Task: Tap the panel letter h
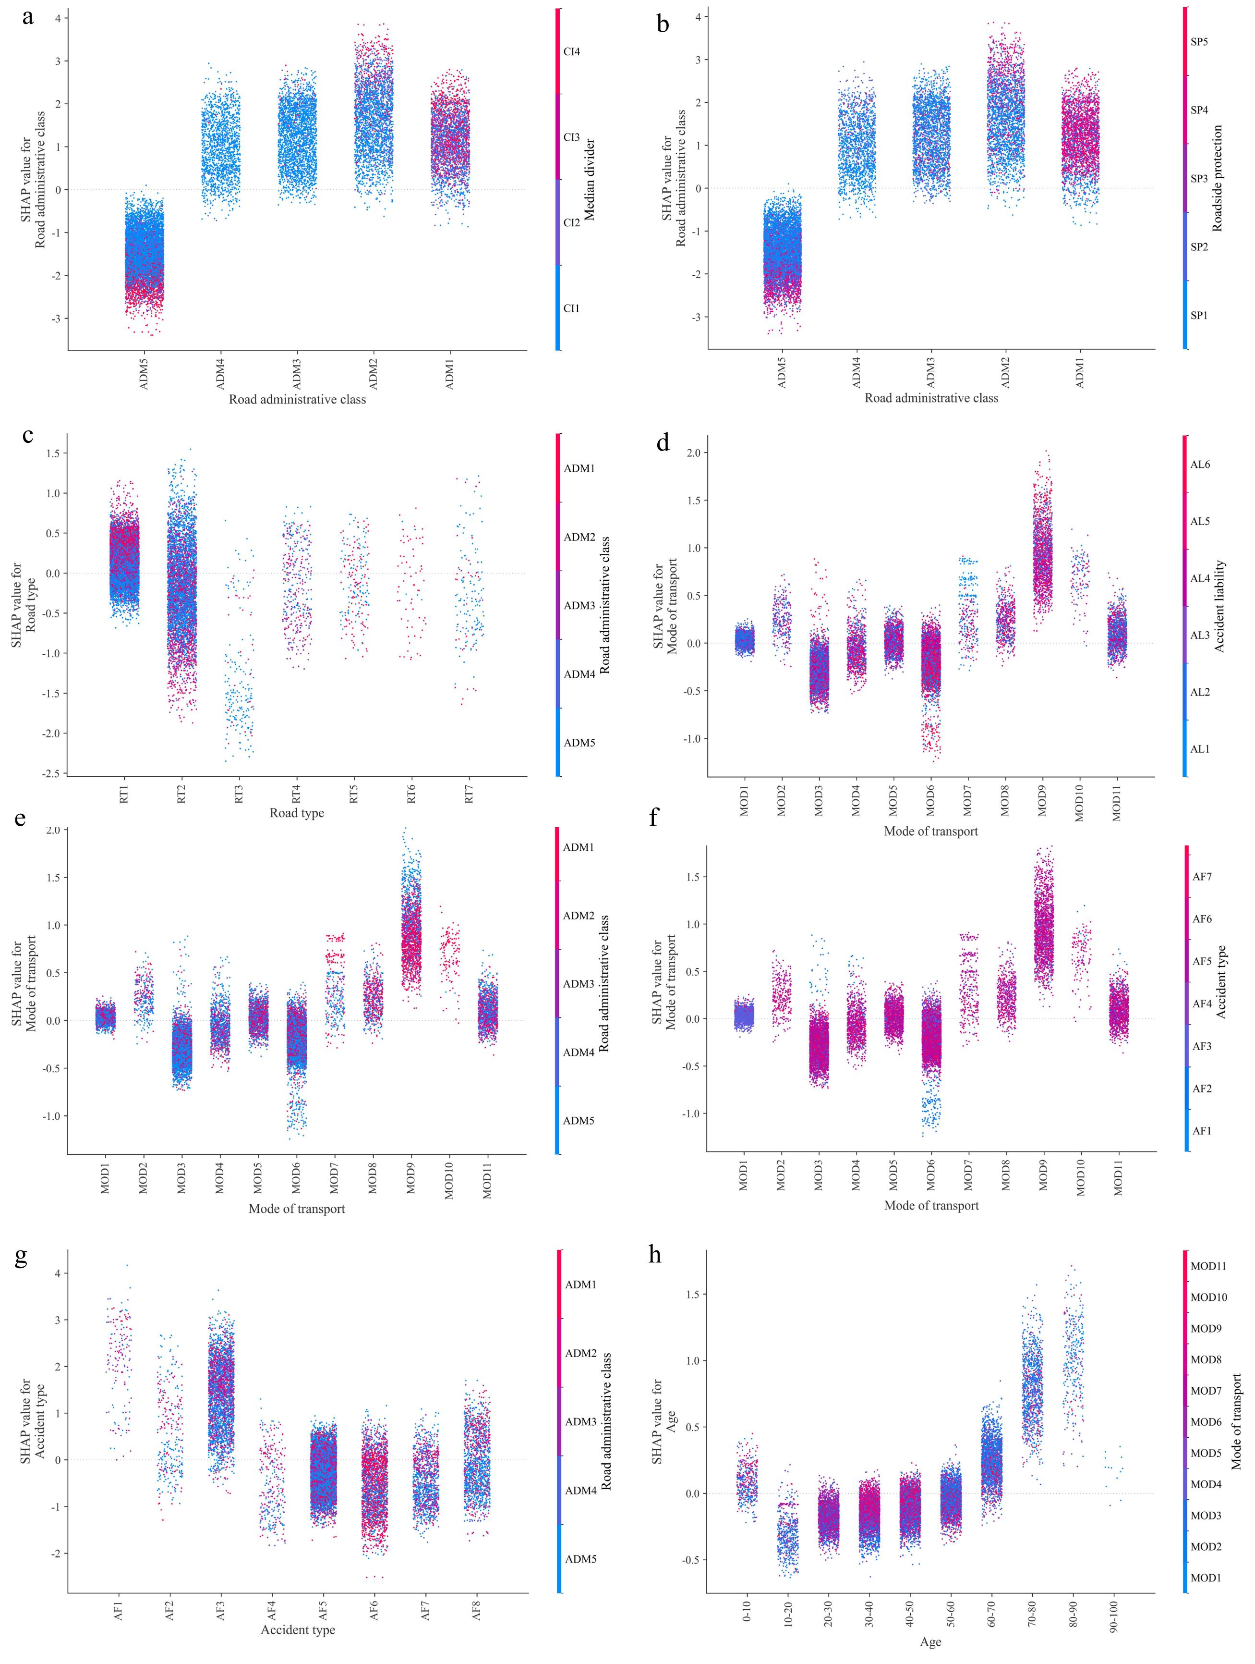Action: [x=655, y=1254]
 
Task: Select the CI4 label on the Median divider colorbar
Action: [x=571, y=52]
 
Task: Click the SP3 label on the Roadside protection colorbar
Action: [x=1199, y=179]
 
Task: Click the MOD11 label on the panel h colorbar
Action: [x=1207, y=1266]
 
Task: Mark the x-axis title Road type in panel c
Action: [x=296, y=813]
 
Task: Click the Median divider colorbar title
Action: [x=590, y=179]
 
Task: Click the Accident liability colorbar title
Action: [x=1219, y=606]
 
